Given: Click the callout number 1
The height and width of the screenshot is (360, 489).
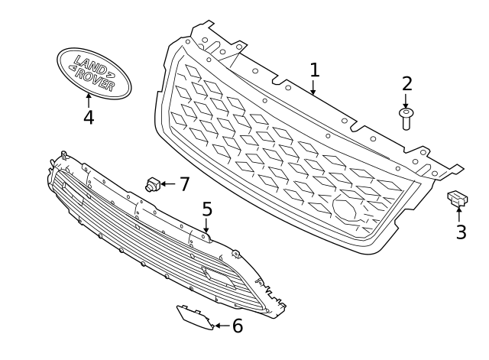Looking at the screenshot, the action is point(315,70).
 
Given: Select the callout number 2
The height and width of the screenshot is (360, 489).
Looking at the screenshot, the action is point(406,83).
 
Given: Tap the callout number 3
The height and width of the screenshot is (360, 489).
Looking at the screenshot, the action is point(461,232).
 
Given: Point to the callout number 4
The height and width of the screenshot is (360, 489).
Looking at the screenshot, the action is point(89,117).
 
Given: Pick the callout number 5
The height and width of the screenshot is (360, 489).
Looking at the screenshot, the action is point(207,209).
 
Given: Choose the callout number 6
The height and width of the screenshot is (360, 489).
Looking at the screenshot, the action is point(238,326).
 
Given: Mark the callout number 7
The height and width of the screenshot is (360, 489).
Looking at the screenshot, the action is point(184,183).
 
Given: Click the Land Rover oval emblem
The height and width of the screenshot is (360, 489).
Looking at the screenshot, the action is point(94,73).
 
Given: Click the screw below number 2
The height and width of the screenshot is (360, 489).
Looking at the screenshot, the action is point(406,119).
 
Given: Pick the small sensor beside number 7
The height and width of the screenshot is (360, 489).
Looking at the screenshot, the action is point(153,183).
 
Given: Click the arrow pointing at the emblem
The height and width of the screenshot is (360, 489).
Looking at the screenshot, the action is point(89,101).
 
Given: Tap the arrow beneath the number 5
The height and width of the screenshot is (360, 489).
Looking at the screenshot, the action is point(206,225).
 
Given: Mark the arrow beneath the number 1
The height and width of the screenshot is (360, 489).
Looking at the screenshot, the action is point(314,87).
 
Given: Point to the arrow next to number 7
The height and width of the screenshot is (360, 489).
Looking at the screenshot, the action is point(168,184).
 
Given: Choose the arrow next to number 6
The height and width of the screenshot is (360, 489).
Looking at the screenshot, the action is point(222,326).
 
